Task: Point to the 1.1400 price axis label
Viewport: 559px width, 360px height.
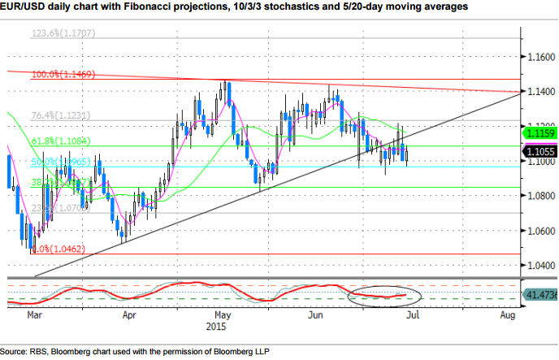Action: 538,93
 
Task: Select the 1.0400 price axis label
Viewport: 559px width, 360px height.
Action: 538,265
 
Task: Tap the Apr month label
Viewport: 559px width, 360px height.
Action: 128,312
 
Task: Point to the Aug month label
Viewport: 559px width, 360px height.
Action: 509,312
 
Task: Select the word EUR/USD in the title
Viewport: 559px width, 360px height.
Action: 26,7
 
